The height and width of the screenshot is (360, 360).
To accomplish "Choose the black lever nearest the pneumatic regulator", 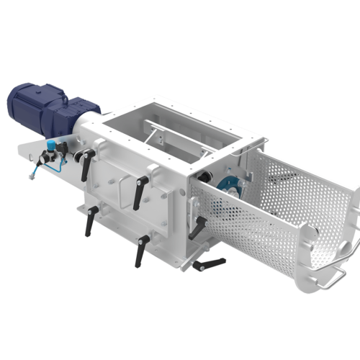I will (87, 166).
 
